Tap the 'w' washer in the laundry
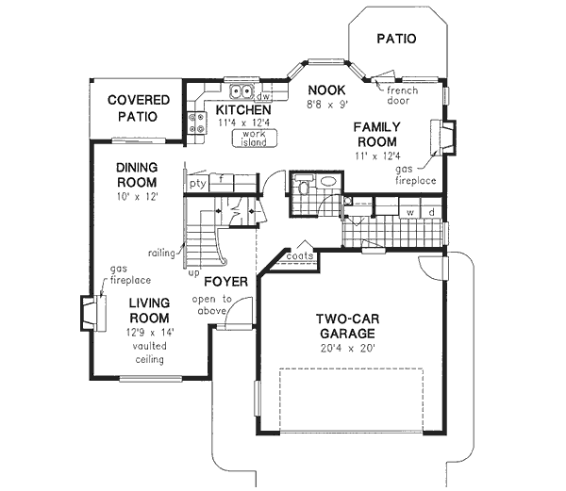click(410, 213)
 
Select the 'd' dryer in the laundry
click(431, 213)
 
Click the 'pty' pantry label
click(196, 184)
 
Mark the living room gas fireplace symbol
click(90, 314)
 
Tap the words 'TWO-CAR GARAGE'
click(346, 326)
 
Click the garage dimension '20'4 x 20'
click(346, 348)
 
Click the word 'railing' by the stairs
click(161, 253)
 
